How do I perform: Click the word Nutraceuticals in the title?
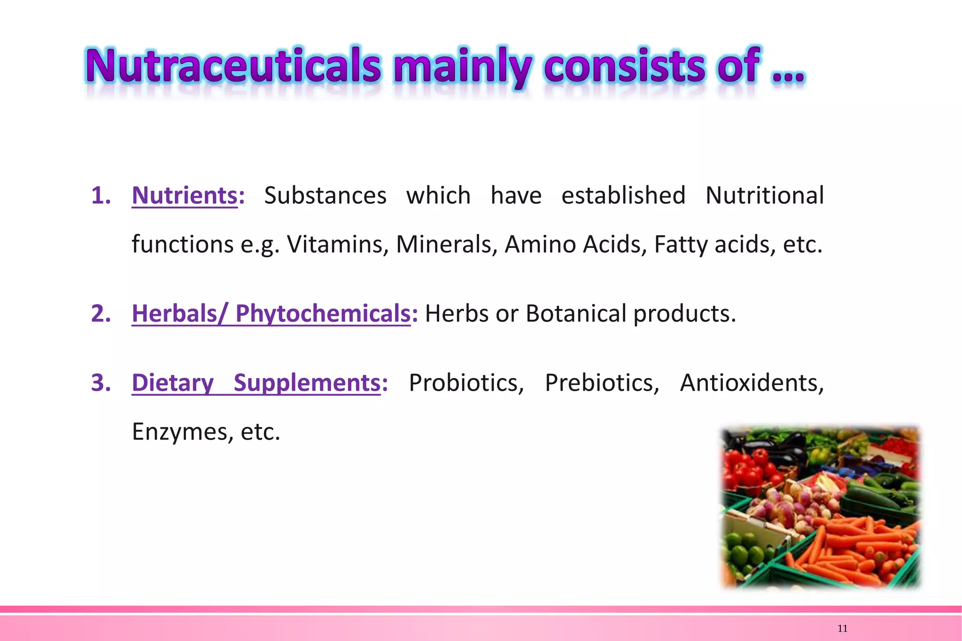click(233, 66)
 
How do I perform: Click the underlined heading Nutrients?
click(185, 195)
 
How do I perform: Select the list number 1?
click(101, 195)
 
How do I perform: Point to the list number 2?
click(101, 313)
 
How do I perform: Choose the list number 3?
click(101, 382)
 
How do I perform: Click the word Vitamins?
click(338, 244)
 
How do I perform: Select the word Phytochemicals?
click(323, 313)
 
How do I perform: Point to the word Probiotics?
click(466, 382)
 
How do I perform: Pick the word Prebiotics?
click(602, 382)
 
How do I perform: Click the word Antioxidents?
click(752, 382)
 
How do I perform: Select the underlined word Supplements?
click(307, 382)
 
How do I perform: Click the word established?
click(623, 195)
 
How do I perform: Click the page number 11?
click(842, 629)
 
